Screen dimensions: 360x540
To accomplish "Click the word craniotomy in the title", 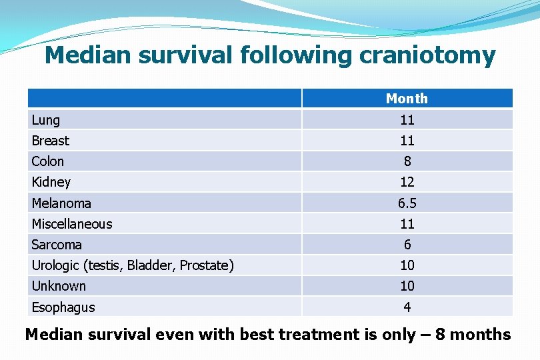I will [x=427, y=55].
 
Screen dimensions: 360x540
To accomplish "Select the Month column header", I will [x=407, y=99].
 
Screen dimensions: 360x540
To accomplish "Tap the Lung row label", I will [x=46, y=120].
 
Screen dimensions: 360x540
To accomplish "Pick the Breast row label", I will [x=51, y=141].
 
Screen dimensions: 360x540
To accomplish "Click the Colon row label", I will [x=48, y=161].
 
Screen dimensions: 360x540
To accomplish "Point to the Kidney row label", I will [x=51, y=182].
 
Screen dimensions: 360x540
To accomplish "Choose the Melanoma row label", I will [x=61, y=203].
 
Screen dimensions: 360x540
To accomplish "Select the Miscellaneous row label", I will [x=72, y=224].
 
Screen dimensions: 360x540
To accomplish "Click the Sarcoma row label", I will [x=57, y=245].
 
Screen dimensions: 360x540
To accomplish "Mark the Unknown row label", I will [x=59, y=286].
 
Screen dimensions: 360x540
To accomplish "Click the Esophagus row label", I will [x=63, y=307].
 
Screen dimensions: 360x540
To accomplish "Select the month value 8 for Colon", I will [x=407, y=161].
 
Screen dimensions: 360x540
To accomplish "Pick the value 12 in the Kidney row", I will [x=407, y=182].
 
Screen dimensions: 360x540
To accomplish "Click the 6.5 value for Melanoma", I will [x=407, y=203].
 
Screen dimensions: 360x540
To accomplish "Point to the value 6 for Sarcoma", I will [x=407, y=245].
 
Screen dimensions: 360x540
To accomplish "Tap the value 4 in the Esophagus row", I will [x=407, y=307].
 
